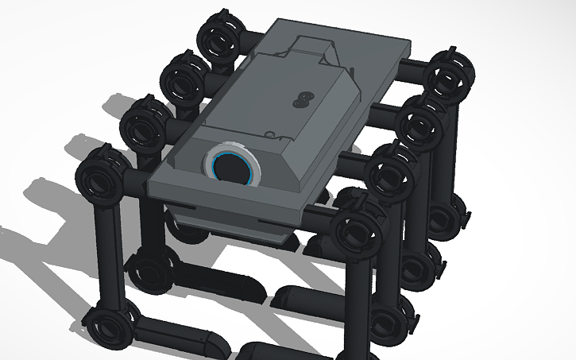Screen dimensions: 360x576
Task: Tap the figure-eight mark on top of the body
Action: [301, 98]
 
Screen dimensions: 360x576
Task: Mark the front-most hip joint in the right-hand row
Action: [359, 230]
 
